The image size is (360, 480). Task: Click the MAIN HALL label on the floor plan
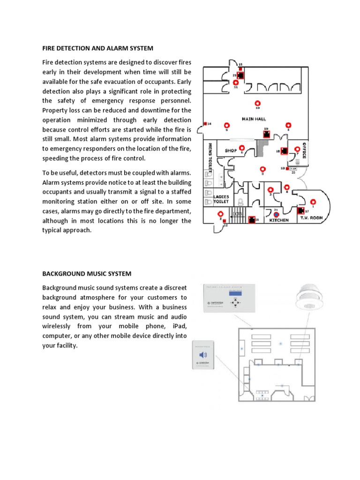pos(255,119)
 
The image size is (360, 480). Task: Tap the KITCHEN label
pos(279,220)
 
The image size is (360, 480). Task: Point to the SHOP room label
pos(231,151)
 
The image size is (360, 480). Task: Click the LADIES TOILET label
pos(221,199)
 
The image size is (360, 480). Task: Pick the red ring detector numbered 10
pos(257,103)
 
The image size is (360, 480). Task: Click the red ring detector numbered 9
pos(227,125)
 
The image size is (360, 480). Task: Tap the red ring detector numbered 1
pos(313,202)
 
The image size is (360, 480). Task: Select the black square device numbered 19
pos(266,134)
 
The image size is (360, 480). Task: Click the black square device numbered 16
pos(251,219)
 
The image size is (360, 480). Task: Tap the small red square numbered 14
pos(205,124)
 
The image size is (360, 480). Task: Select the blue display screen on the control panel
pos(235,293)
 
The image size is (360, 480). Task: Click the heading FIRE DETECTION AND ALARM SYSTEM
pos(97,48)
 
